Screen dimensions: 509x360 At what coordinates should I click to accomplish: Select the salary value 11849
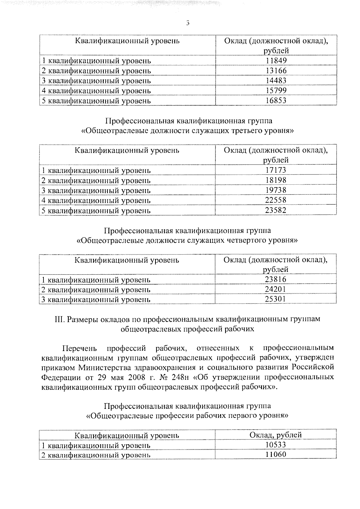[x=276, y=61]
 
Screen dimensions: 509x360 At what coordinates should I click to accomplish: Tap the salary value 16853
[x=276, y=100]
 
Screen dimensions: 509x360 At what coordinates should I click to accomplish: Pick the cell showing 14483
[x=276, y=81]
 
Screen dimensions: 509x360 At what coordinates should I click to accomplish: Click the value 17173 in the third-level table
[x=276, y=170]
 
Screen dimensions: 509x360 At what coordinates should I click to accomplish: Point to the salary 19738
[x=276, y=190]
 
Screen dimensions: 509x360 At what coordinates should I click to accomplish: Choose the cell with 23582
[x=276, y=210]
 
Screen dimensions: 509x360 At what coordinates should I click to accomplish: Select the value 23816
[x=276, y=279]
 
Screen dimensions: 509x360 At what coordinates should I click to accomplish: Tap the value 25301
[x=276, y=299]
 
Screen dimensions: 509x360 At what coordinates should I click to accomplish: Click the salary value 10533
[x=276, y=445]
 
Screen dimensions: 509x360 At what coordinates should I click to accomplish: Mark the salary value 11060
[x=276, y=455]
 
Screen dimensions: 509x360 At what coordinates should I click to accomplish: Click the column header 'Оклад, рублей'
[x=276, y=435]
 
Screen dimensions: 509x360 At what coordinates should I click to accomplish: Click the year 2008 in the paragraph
[x=129, y=377]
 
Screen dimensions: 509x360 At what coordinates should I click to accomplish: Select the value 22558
[x=276, y=200]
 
